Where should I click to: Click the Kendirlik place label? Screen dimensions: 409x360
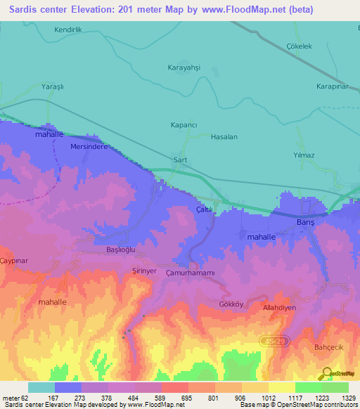coord(69,30)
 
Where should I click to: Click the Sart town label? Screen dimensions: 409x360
coord(180,160)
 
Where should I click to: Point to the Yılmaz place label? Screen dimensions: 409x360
coord(303,155)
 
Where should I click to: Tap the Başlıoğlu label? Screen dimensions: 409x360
coord(120,251)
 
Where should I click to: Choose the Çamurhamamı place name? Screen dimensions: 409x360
coord(189,272)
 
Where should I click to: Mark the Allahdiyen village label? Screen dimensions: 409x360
coord(280,308)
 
